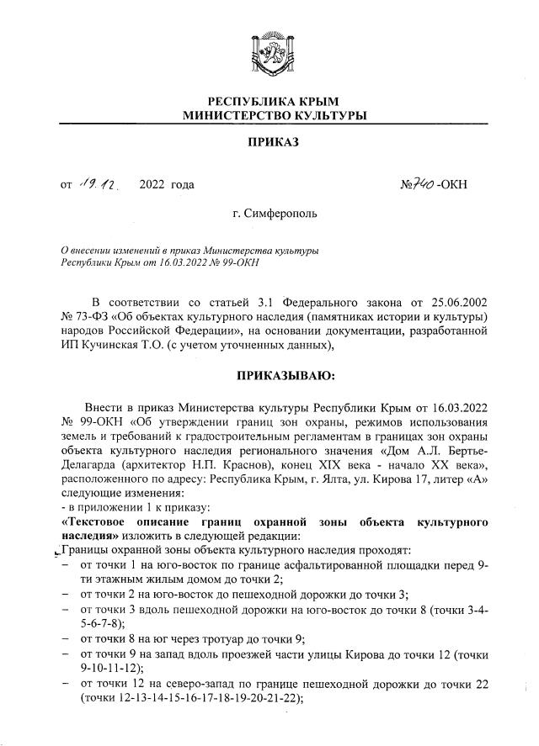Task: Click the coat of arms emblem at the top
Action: [x=269, y=52]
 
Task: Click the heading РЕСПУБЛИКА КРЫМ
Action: [x=269, y=102]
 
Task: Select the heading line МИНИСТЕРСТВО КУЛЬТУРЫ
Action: [x=269, y=115]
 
